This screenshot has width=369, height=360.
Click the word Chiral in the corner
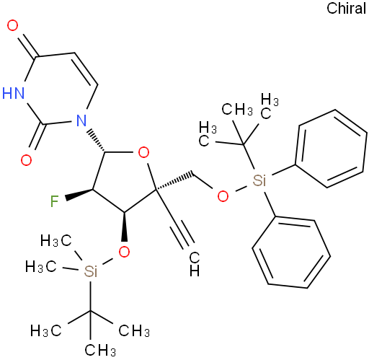coord(346,9)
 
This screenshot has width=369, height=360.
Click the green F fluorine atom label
coord(55,201)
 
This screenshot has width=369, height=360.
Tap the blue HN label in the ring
coord(14,93)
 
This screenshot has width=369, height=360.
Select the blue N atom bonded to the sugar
coord(81,120)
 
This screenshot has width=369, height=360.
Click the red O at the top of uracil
coord(12,25)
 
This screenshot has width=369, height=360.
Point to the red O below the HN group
coord(26,160)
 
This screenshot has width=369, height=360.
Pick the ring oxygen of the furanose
coord(143,152)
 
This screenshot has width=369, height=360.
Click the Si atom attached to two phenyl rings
coord(259,180)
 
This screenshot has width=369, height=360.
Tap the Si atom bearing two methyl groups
coord(91,271)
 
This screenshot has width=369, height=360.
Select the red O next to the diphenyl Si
coord(223,196)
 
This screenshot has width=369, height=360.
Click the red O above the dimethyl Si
coord(124,252)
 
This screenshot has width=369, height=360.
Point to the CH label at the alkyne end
coord(194,264)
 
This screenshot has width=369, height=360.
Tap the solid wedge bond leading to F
coord(79,194)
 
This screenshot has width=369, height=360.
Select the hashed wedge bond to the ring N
coord(96,141)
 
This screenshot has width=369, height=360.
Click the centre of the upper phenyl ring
coord(331,149)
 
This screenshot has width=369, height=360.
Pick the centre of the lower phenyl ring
coord(291,252)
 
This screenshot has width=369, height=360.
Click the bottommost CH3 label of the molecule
coord(100,350)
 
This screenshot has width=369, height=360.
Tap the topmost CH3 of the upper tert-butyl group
coord(237,110)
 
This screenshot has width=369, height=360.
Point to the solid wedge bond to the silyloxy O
coord(125,227)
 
